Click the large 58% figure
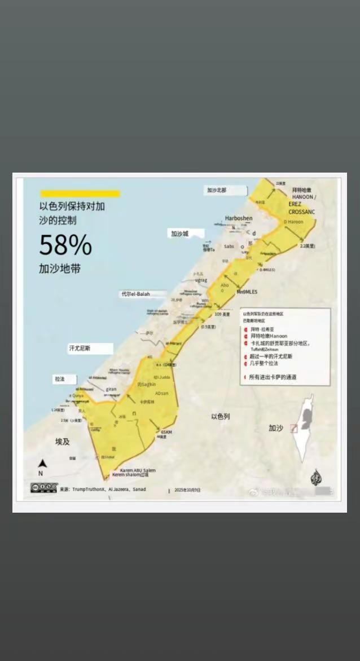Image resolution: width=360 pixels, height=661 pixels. point(65,245)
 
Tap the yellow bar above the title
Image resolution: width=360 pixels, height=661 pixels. point(80,194)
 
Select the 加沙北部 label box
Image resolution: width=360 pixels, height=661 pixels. point(216,191)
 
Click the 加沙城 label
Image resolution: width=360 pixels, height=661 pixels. point(180,233)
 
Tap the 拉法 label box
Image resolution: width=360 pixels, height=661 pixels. point(60,379)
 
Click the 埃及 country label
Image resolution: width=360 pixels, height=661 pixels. point(63,441)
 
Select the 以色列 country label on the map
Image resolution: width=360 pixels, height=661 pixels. point(221,417)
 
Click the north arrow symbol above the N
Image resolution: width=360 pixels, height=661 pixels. point(41,465)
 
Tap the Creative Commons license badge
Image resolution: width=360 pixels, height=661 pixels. point(44,488)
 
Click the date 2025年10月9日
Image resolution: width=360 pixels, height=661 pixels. point(187,490)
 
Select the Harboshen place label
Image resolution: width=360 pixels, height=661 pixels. point(239,218)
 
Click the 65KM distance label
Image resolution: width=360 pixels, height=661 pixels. point(166,432)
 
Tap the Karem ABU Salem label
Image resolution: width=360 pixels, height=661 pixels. point(138,470)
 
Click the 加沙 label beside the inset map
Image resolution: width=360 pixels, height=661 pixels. point(275,429)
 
